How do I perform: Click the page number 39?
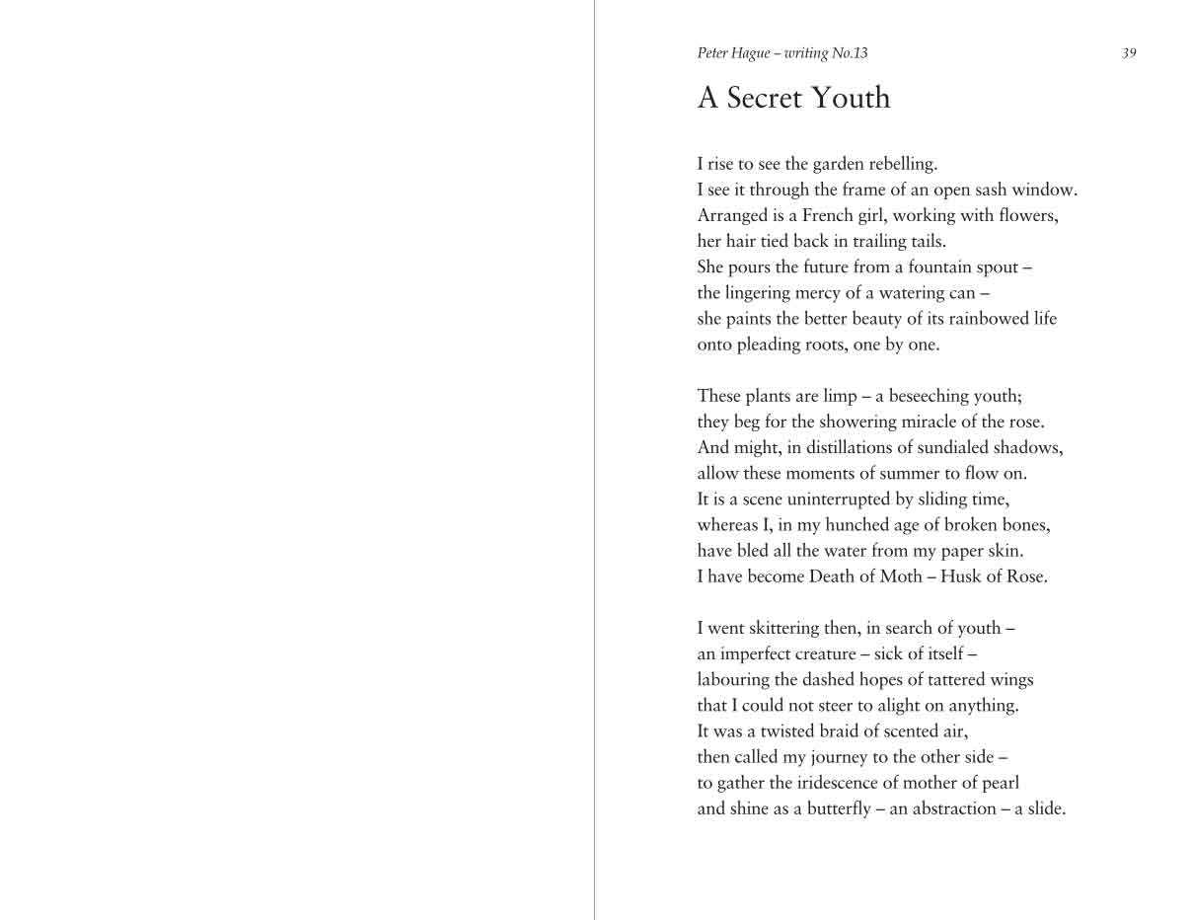point(1129,53)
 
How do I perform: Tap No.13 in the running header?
point(850,53)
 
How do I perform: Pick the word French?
point(827,215)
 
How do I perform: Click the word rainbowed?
point(989,319)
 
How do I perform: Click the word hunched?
point(856,525)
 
